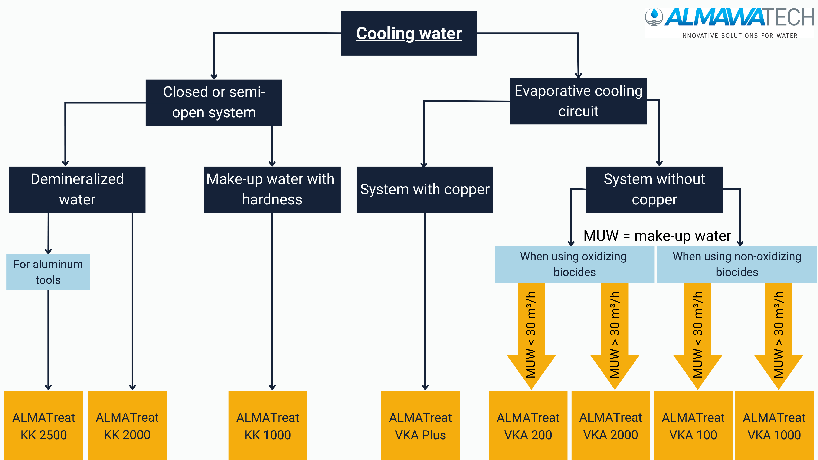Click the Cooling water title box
pyautogui.click(x=409, y=33)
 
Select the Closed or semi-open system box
pyautogui.click(x=214, y=102)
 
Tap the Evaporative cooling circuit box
pyautogui.click(x=578, y=101)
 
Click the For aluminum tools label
pyautogui.click(x=48, y=272)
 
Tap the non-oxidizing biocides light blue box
pyautogui.click(x=737, y=264)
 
